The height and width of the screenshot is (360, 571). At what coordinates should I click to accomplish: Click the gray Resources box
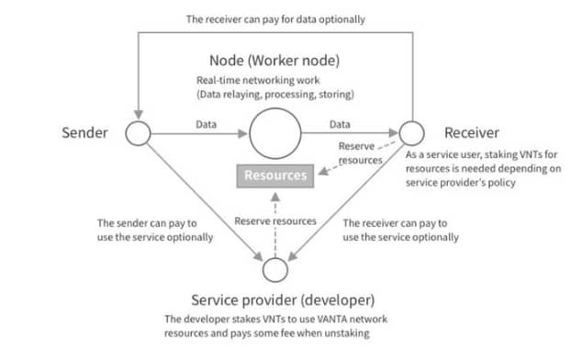pos(275,176)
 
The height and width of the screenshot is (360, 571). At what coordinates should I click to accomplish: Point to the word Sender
pos(84,132)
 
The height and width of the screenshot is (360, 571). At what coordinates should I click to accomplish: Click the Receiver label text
pos(472,132)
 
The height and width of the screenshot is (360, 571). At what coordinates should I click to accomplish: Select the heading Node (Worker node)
pos(274,61)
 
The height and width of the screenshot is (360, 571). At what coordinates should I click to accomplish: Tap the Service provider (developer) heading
pos(283,300)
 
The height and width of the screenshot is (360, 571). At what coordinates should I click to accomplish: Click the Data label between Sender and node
pos(207,125)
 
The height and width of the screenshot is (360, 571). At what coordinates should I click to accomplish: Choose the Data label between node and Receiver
pos(340,125)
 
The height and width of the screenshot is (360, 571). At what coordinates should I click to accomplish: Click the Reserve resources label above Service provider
pos(275,221)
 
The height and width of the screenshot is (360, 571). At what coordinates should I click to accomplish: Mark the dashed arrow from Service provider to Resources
pos(275,225)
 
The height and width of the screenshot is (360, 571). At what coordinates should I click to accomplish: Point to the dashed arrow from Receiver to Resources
pos(358,157)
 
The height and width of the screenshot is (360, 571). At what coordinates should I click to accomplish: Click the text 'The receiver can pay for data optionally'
pos(275,19)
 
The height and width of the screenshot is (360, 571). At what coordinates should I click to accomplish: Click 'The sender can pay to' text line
pos(147,223)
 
